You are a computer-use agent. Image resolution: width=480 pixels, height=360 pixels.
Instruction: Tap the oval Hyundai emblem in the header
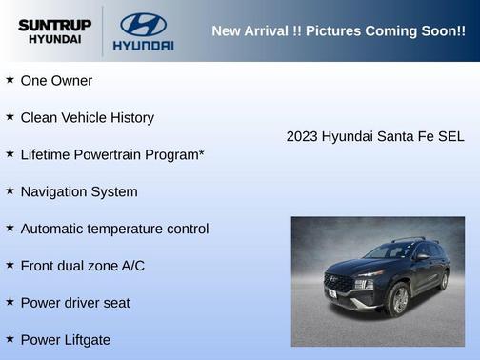(143, 24)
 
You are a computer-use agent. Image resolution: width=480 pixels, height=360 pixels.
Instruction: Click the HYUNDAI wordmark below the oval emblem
(143, 45)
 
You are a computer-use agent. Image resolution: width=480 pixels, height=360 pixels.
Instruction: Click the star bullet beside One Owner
(10, 80)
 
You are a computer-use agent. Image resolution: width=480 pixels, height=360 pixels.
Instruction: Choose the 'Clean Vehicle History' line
(87, 118)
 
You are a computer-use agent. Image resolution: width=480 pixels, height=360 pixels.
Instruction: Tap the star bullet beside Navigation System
(10, 190)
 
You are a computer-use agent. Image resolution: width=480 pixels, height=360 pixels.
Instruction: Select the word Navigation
(54, 191)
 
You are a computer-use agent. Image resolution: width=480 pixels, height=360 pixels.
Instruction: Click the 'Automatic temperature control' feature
(114, 229)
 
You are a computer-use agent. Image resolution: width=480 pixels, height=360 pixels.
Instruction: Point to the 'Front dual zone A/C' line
(82, 266)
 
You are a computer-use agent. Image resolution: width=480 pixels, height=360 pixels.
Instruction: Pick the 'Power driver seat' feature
(75, 303)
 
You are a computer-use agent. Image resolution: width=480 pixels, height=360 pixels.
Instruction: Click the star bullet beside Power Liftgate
(10, 338)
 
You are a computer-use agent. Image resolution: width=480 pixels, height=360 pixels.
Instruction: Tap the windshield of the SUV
(389, 252)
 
